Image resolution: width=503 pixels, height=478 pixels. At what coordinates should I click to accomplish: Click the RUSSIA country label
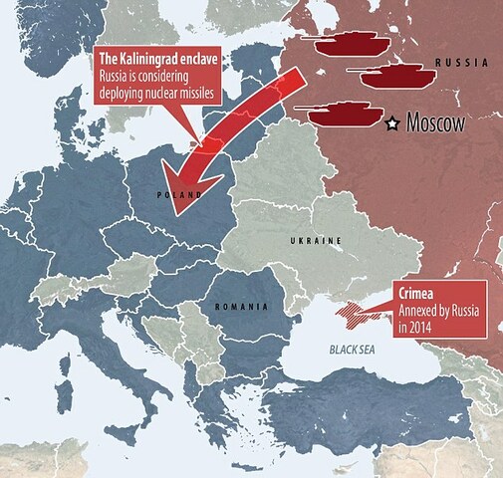[x=465, y=62]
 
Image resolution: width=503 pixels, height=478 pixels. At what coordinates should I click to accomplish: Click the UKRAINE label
[x=317, y=241]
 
